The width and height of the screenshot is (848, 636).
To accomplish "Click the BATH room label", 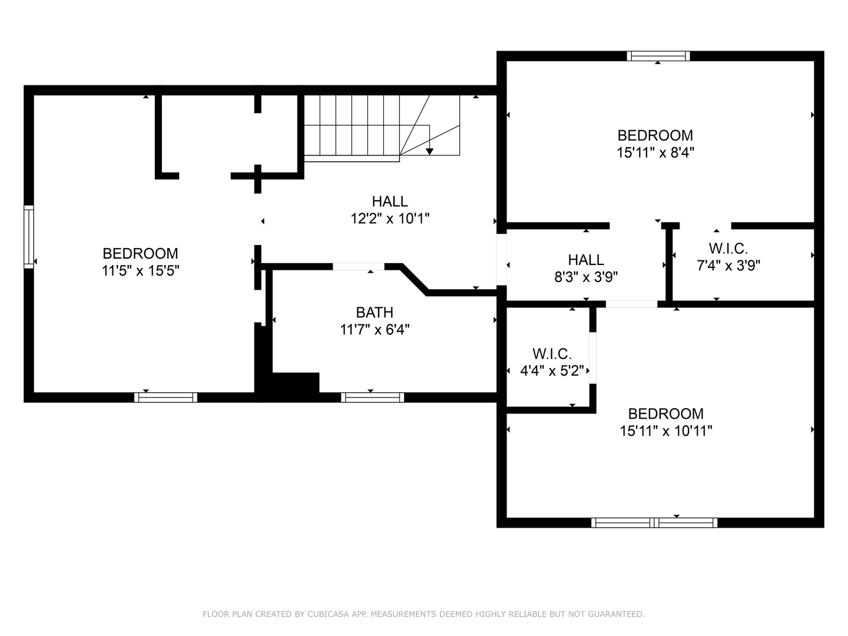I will pos(375,312).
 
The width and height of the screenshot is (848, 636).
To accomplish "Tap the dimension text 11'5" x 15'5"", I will pos(140,271).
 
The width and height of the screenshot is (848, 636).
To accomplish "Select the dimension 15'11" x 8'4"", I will pos(655,153).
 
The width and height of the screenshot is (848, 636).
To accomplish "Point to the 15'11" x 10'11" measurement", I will pos(665,431).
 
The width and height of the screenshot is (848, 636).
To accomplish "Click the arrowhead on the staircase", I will pos(429,151).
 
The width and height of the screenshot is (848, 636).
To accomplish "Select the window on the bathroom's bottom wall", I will pos(372,397).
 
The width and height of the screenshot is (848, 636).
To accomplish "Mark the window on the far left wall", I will pos(28,237).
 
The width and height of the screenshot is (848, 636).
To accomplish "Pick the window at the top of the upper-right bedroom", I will pos(658,56).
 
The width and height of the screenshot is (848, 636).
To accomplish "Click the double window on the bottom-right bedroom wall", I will pos(654,522).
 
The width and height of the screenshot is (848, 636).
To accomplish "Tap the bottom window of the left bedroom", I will pos(165,397).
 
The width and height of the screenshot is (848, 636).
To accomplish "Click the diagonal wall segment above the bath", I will pos(415,279).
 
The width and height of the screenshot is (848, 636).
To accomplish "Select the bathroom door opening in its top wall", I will pos(358,267).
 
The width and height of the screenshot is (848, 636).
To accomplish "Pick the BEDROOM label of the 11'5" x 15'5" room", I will pos(140,254).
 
